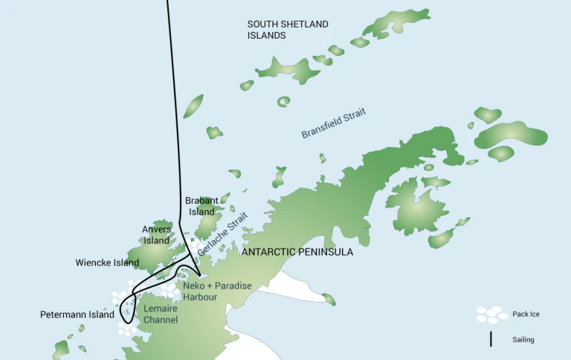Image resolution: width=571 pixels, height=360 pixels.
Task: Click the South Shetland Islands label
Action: click(x=288, y=30)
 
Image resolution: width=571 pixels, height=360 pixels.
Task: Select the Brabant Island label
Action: click(x=201, y=206)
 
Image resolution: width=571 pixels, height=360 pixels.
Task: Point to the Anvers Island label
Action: click(x=156, y=235)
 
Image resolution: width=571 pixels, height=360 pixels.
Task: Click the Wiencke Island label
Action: click(x=107, y=263)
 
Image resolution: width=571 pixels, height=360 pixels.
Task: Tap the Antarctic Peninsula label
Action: click(x=297, y=253)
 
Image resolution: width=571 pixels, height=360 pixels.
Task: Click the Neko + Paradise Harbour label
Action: click(x=217, y=291)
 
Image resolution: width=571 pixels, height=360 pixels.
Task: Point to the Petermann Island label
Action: click(x=77, y=315)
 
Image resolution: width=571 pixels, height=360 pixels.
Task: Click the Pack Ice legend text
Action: click(x=526, y=315)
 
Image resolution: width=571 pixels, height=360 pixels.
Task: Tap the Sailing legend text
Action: click(x=523, y=340)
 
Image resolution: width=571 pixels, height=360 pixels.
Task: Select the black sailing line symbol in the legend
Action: click(x=491, y=339)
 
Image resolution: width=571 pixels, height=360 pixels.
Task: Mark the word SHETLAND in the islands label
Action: click(x=302, y=25)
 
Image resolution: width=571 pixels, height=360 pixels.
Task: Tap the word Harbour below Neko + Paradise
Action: click(x=200, y=297)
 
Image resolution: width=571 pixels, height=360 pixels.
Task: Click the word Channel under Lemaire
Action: click(x=161, y=320)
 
